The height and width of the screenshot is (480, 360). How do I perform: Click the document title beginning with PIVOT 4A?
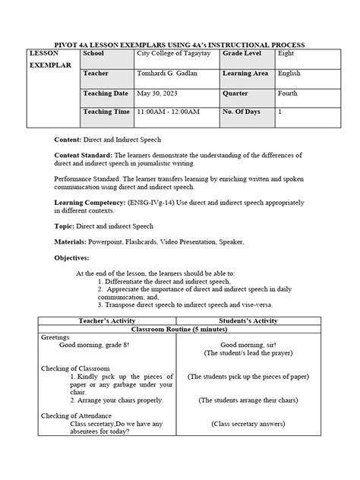coord(180,46)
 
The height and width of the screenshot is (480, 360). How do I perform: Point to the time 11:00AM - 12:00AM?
coord(168,112)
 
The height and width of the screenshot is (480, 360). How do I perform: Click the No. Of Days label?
coord(244,112)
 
